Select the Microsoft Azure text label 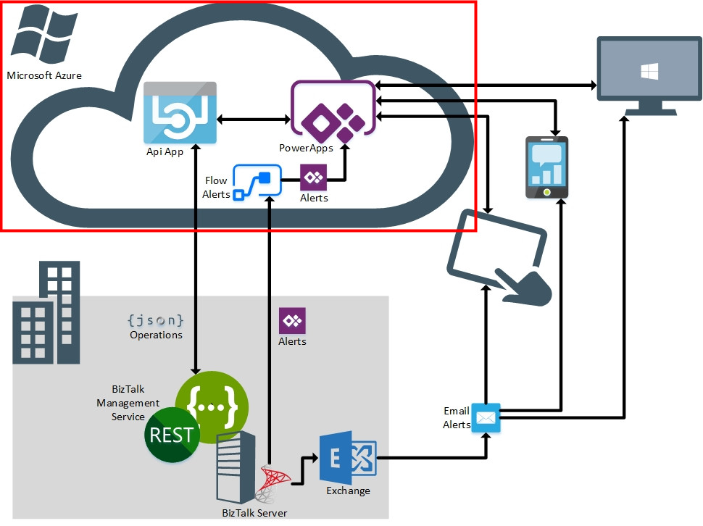pos(44,75)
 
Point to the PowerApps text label pos(306,149)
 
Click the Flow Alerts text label pos(217,188)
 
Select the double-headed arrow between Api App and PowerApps pos(254,119)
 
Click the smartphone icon pos(546,167)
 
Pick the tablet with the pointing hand pos(500,254)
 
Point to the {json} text pos(155,320)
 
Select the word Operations pos(156,335)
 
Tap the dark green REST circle pos(172,435)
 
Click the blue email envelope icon pos(486,418)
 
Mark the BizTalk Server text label pos(254,513)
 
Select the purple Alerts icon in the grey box pos(293,321)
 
